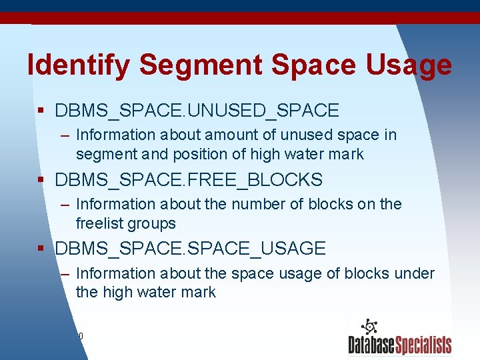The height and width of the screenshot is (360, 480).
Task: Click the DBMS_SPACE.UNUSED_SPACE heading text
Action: point(197,110)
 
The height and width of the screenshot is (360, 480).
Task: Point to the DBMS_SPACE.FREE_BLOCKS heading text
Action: point(189,180)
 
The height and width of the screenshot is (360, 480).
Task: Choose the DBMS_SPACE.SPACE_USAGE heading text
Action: point(190,249)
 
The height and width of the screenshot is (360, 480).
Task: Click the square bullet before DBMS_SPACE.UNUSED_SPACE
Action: point(41,111)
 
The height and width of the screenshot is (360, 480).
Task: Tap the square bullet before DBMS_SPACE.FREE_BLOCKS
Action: point(41,181)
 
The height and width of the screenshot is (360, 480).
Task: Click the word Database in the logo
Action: point(371,345)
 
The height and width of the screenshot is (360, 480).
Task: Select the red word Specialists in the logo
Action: point(423,345)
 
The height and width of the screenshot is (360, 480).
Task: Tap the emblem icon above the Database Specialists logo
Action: point(369,327)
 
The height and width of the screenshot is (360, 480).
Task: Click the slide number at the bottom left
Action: point(80,336)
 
